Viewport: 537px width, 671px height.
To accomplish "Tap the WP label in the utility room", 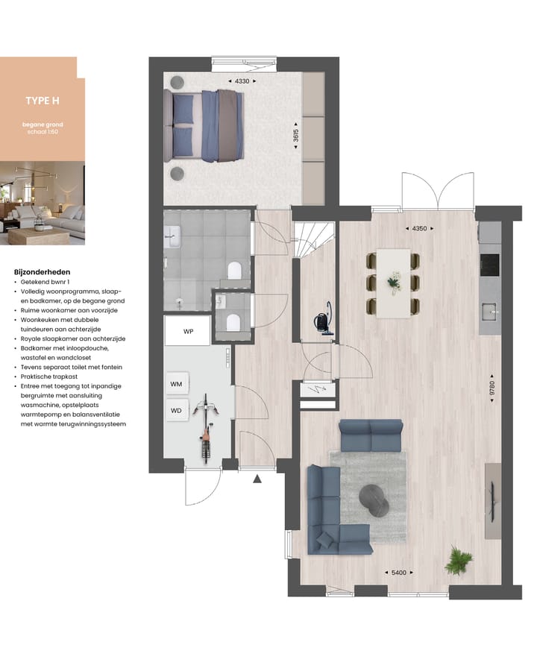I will click(189, 332).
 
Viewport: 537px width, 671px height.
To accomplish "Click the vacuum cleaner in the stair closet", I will click(321, 318).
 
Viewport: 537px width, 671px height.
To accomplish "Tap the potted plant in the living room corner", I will click(458, 560).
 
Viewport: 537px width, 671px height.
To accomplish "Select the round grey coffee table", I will click(374, 499).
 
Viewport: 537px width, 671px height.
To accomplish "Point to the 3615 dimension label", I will click(296, 136).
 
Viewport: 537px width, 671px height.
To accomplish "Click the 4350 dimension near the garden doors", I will click(420, 229).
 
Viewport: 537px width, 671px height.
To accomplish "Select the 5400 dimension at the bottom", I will click(399, 573).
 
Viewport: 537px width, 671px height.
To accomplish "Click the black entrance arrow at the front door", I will click(257, 479).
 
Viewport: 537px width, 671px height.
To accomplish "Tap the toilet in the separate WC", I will click(233, 322).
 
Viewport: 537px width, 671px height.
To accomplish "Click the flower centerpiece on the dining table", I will click(393, 282).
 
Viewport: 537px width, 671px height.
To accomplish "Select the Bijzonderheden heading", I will click(43, 273).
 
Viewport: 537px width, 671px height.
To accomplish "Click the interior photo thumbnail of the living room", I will click(43, 204).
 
